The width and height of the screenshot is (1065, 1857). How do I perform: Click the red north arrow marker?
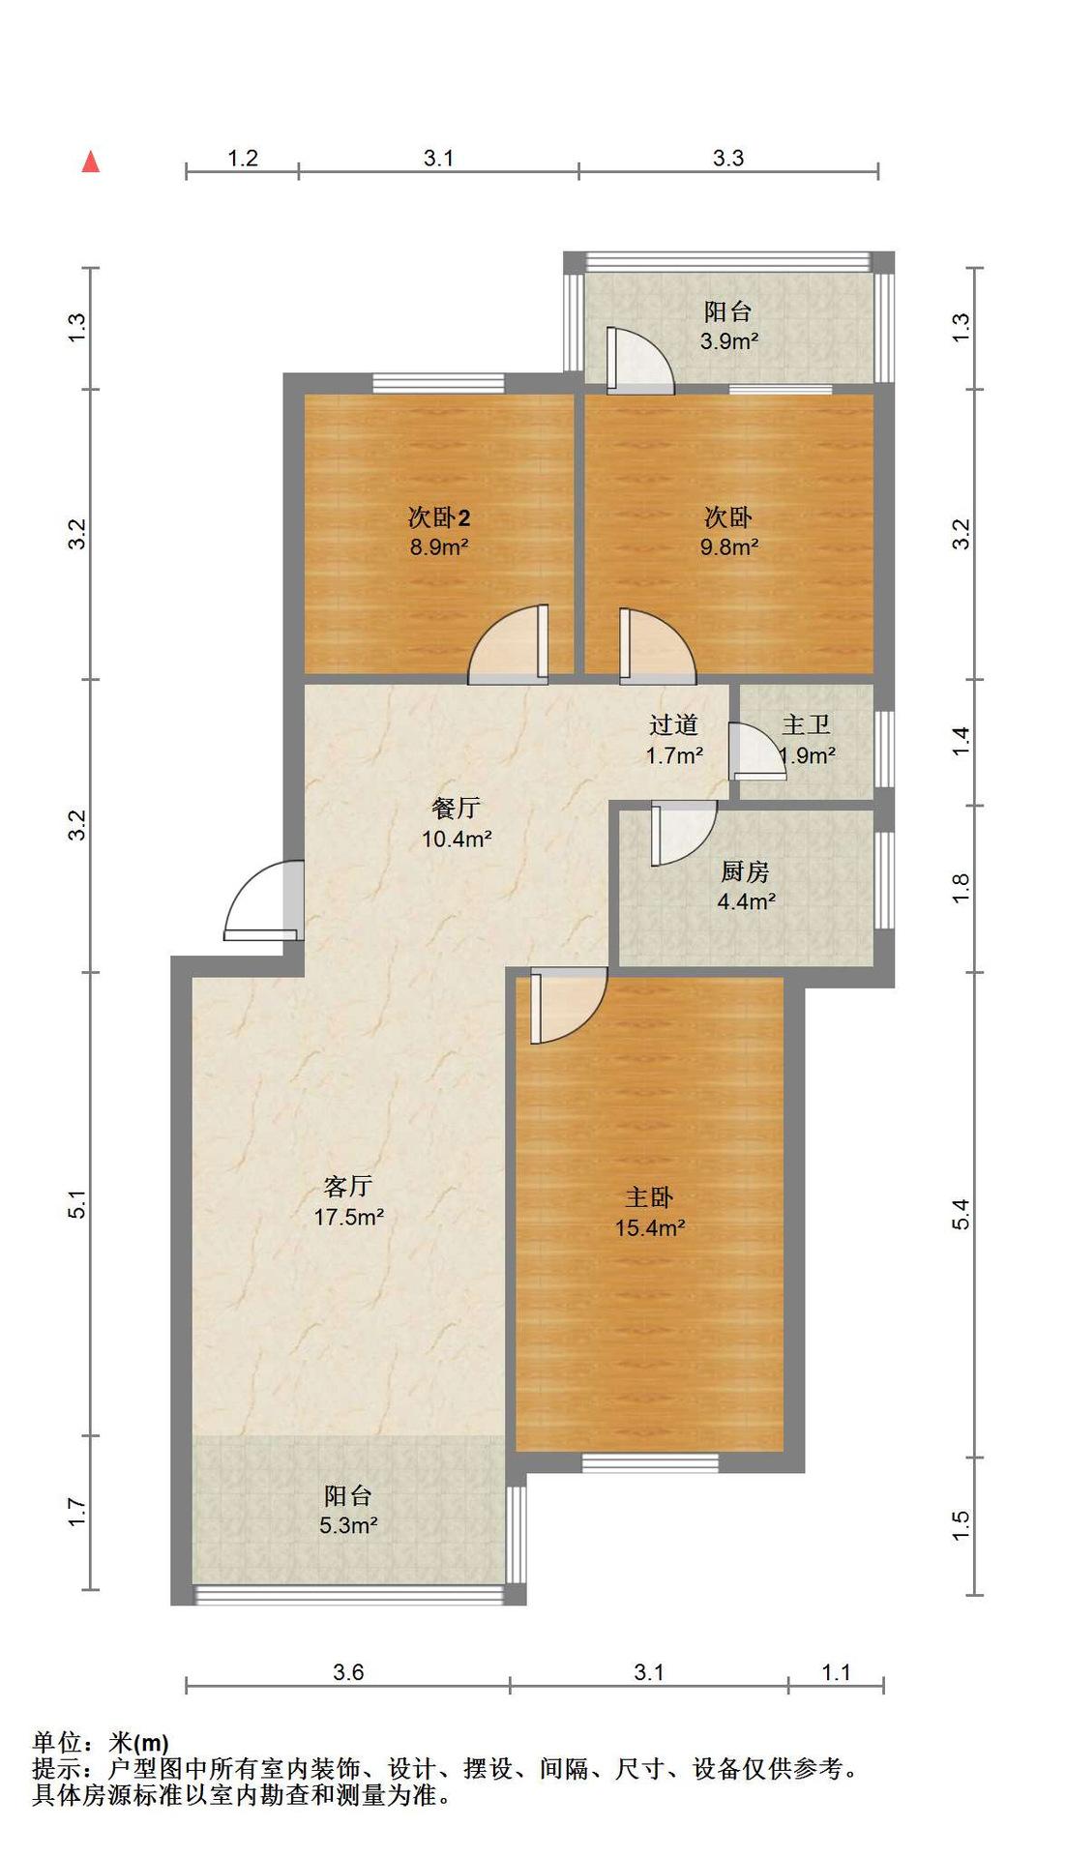coord(91,162)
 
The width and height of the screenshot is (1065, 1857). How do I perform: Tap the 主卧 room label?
coord(649,1197)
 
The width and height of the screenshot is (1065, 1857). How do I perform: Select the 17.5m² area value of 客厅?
coord(348,1217)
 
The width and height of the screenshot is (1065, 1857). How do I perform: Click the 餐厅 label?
coord(456,808)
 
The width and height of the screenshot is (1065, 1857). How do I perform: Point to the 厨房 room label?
coord(746,871)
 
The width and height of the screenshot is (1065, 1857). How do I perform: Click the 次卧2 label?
coord(439,517)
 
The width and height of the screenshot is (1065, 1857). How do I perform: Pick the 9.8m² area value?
coord(729,546)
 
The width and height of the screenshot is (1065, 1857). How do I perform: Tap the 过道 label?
coord(673,724)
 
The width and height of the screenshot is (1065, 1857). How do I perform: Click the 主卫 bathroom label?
coord(807,724)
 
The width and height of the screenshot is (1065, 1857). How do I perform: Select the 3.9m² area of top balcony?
coord(728,340)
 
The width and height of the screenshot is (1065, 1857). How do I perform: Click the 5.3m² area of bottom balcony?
coord(348,1525)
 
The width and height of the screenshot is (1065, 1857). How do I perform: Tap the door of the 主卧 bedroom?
coord(569,1008)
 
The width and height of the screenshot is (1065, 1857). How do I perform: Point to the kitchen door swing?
coord(684,835)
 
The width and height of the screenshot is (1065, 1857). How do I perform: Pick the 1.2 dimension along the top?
coord(243,158)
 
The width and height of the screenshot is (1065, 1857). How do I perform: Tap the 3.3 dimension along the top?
coord(728,158)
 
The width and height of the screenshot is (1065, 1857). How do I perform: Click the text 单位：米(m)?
coord(101,1743)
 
